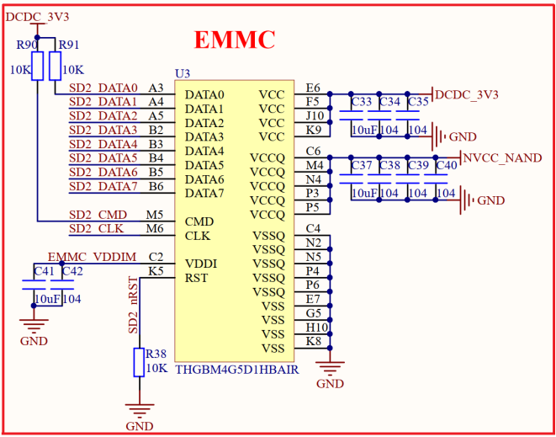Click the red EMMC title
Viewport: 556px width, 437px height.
(x=235, y=40)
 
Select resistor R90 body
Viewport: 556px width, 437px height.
(x=37, y=66)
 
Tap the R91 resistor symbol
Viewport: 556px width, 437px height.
(x=56, y=66)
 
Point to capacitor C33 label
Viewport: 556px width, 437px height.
(x=362, y=102)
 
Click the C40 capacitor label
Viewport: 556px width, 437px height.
(x=447, y=166)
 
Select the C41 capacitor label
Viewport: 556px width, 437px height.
(x=44, y=271)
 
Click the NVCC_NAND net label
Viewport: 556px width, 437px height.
(x=503, y=158)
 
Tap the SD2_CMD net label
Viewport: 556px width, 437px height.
(x=98, y=216)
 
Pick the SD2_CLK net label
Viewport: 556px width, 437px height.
(x=98, y=229)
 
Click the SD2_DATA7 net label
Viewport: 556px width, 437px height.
(x=103, y=186)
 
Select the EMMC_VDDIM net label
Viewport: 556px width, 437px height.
(x=91, y=257)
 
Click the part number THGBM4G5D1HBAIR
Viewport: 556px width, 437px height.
(x=236, y=369)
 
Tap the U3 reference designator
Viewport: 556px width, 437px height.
(x=183, y=74)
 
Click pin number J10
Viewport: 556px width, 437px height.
(x=315, y=115)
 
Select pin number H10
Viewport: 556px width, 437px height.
(x=316, y=328)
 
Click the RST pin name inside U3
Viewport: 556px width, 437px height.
(x=196, y=278)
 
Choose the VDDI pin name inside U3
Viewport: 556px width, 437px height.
(x=201, y=264)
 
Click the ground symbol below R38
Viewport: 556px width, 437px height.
(x=140, y=411)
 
